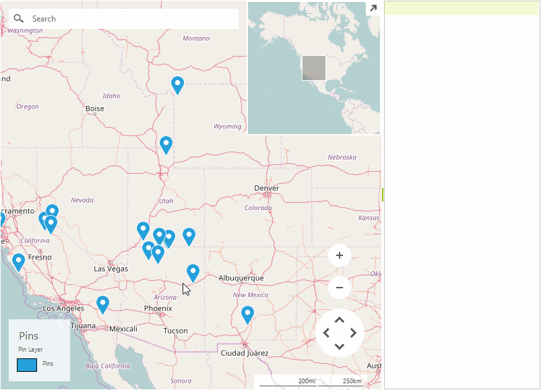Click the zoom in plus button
coord(340,255)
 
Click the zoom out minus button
coord(340,288)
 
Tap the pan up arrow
coord(340,319)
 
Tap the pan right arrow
coord(354,333)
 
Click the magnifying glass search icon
coord(19,18)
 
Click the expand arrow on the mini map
coord(373,8)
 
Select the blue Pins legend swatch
coord(27,365)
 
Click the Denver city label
coord(266,188)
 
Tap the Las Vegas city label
coord(110,269)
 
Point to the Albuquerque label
coord(241,278)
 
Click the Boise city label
coord(95,108)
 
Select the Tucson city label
coord(175,331)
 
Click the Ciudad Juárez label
coord(245,353)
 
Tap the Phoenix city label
coord(158,308)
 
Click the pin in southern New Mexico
coord(247,314)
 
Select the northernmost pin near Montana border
coord(177,84)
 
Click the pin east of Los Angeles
coord(102,304)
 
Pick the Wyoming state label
coord(227,127)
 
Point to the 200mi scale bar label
coord(307,381)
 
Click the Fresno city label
coord(40,257)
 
